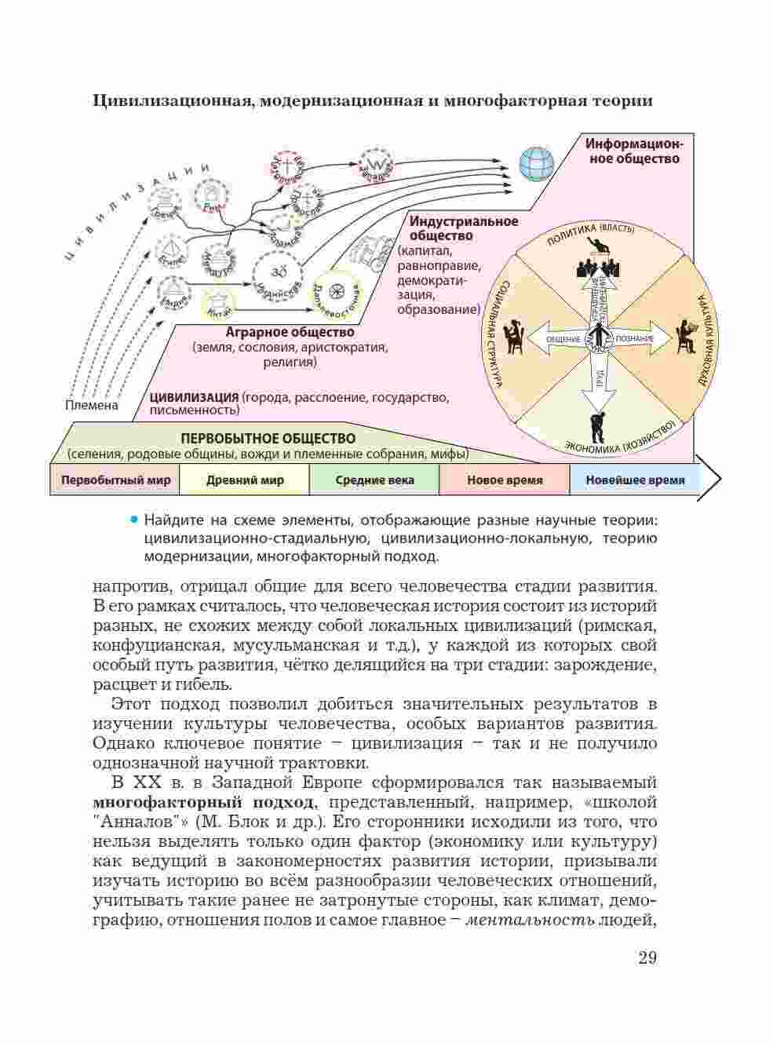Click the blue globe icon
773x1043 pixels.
click(537, 163)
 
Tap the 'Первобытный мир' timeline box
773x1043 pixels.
click(115, 480)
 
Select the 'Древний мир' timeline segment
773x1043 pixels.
click(245, 480)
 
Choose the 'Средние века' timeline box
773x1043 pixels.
click(374, 480)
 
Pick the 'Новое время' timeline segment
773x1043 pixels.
click(504, 480)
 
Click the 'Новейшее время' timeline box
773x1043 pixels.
click(634, 480)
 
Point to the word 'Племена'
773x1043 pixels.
click(92, 405)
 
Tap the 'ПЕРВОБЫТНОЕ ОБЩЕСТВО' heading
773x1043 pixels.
click(268, 439)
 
